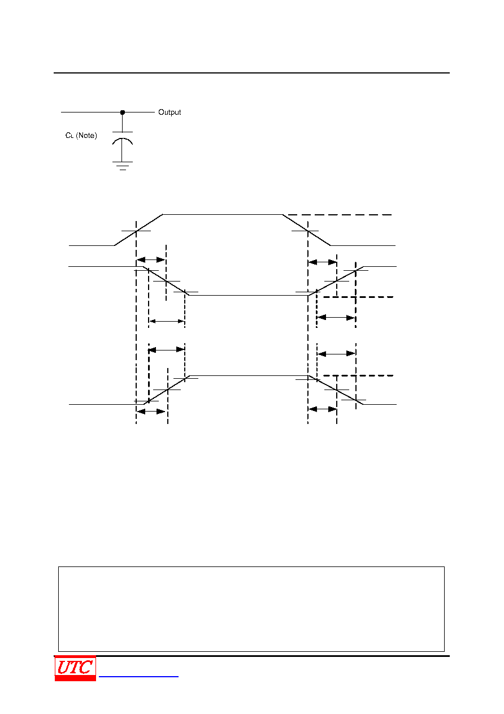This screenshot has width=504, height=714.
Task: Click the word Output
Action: [170, 112]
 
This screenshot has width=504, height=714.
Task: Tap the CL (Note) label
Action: [81, 136]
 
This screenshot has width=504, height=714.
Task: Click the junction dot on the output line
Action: [123, 112]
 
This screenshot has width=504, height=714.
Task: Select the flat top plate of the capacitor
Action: [123, 132]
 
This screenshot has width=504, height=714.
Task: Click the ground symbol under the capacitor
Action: [123, 166]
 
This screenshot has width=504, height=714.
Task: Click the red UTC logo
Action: [75, 668]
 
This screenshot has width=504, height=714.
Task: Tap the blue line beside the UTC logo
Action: [138, 676]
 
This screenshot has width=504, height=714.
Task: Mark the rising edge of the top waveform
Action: [138, 230]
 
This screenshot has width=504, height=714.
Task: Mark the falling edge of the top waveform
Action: [306, 230]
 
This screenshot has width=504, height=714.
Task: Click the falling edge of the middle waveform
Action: [166, 281]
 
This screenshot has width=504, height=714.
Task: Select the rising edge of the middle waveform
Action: [336, 281]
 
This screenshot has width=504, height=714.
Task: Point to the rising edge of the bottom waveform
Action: [167, 390]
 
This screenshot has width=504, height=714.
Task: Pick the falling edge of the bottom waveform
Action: [336, 390]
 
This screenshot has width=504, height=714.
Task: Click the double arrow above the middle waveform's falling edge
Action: [151, 260]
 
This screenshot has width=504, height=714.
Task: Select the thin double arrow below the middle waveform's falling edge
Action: [167, 321]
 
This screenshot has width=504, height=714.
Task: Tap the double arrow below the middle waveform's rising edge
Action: [336, 318]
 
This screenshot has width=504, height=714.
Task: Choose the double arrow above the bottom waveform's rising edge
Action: [167, 350]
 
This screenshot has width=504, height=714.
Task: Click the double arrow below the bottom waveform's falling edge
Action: [323, 409]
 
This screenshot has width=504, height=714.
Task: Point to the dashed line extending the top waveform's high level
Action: [340, 215]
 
